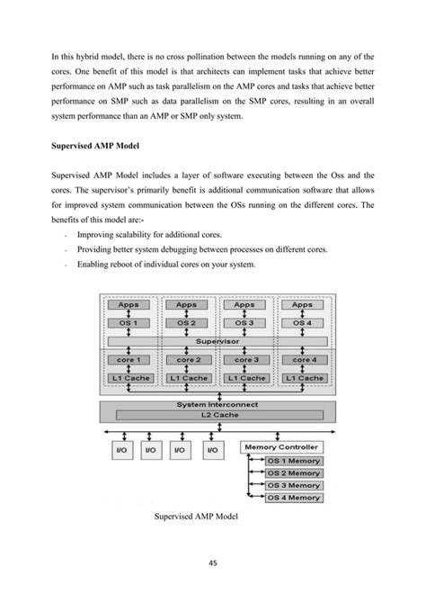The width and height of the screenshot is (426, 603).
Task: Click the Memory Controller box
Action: [x=281, y=447]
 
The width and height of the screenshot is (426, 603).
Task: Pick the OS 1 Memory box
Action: [x=293, y=461]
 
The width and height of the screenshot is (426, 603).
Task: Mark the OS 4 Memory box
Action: [x=293, y=497]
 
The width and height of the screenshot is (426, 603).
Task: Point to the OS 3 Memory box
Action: [x=293, y=485]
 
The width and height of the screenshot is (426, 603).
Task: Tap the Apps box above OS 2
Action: [x=187, y=304]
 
